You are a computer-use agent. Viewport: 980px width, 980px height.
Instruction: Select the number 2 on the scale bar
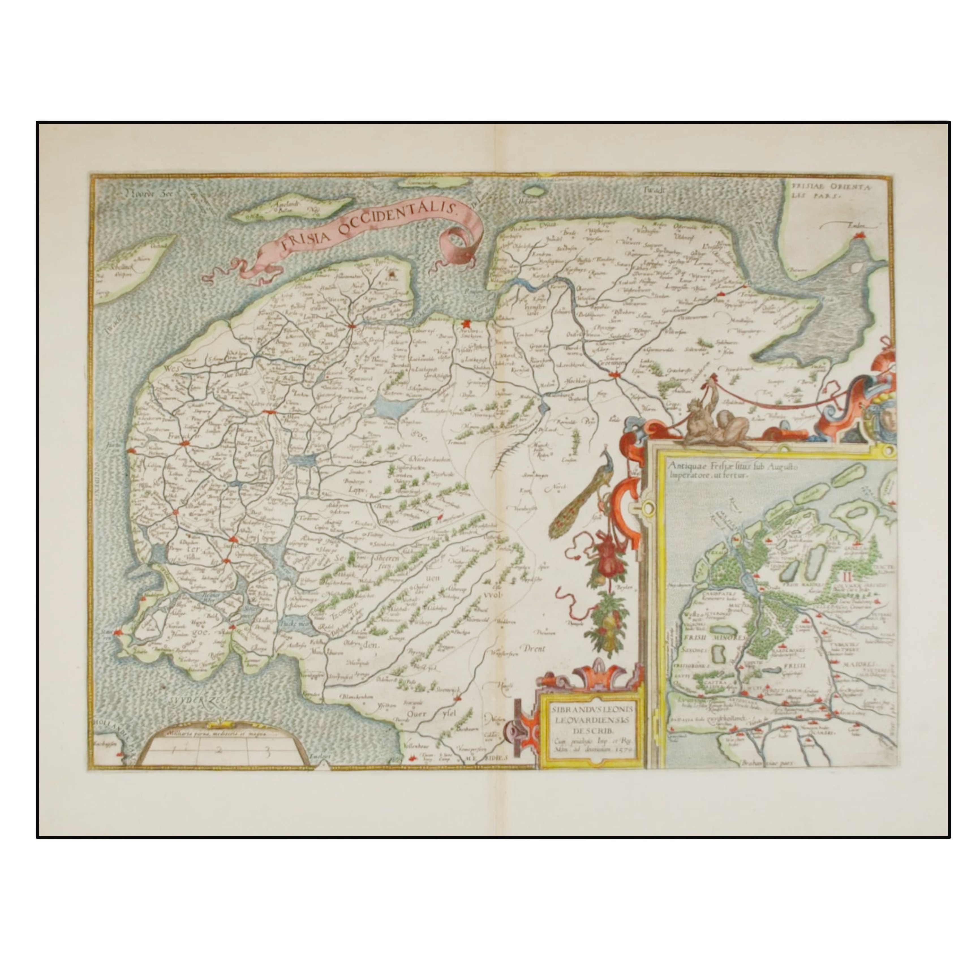(x=219, y=749)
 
